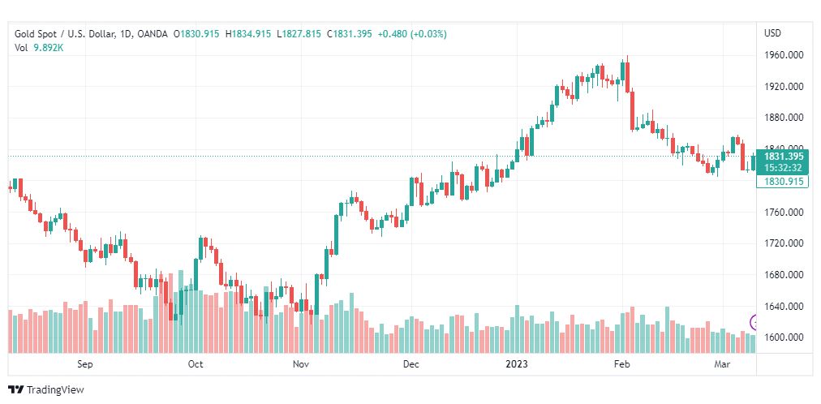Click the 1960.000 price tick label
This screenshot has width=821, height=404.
[784, 55]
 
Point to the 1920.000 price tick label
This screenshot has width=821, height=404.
[784, 87]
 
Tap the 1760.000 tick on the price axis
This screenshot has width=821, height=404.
[784, 213]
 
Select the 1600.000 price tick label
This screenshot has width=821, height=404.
[784, 337]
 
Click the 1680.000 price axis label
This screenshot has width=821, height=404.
[784, 275]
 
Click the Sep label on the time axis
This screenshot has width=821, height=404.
[85, 364]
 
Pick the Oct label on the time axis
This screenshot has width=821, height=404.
[195, 364]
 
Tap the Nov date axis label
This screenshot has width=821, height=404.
[301, 364]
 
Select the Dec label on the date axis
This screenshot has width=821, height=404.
[410, 364]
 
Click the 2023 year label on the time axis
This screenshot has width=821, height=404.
[516, 364]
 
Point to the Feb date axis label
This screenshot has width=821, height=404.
[621, 364]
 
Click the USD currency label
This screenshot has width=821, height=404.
[772, 33]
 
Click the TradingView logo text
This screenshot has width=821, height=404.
[54, 390]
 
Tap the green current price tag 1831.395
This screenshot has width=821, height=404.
[783, 157]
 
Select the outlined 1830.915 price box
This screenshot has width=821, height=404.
[783, 182]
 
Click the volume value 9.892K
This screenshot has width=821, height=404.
[49, 47]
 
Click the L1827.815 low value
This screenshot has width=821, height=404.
[299, 34]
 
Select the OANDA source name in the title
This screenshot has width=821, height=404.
[153, 34]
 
